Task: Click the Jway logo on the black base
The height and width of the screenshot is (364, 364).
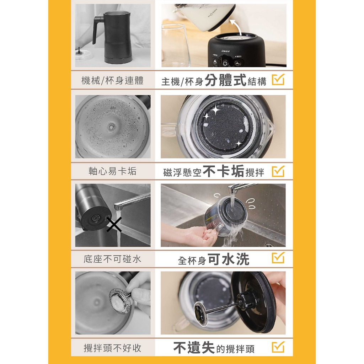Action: pyautogui.click(x=225, y=51)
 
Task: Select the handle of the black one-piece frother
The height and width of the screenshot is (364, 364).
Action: pyautogui.click(x=97, y=30)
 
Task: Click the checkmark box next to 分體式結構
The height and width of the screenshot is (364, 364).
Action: pyautogui.click(x=278, y=80)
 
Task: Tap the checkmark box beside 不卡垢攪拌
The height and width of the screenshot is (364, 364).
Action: pyautogui.click(x=278, y=171)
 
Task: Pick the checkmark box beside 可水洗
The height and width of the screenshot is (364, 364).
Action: pyautogui.click(x=278, y=258)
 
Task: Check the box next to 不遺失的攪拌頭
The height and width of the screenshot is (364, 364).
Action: pyautogui.click(x=278, y=347)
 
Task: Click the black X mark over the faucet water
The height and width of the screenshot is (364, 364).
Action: pyautogui.click(x=114, y=225)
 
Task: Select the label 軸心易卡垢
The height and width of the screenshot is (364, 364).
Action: pyautogui.click(x=113, y=171)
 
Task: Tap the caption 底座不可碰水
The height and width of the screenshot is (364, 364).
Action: pyautogui.click(x=113, y=259)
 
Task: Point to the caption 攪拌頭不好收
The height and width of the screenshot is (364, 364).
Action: pyautogui.click(x=113, y=348)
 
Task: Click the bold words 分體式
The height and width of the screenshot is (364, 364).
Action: pyautogui.click(x=225, y=80)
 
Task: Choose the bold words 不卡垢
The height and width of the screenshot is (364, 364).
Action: pyautogui.click(x=224, y=171)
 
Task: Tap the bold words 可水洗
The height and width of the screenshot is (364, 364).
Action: pyautogui.click(x=229, y=259)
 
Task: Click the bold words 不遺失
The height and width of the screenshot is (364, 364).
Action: pyautogui.click(x=194, y=348)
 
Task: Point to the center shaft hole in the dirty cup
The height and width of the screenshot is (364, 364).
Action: pyautogui.click(x=111, y=127)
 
